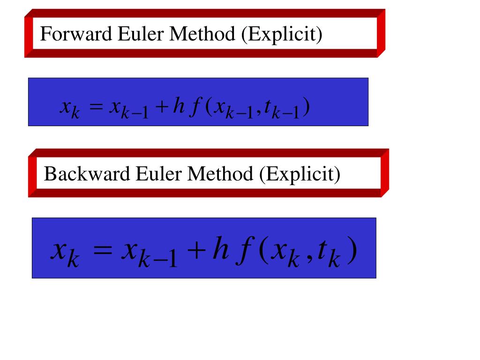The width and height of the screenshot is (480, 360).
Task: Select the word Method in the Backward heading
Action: [x=220, y=174]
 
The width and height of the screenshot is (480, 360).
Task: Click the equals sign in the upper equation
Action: [x=96, y=108]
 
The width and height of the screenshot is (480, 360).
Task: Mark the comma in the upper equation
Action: [x=256, y=114]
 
